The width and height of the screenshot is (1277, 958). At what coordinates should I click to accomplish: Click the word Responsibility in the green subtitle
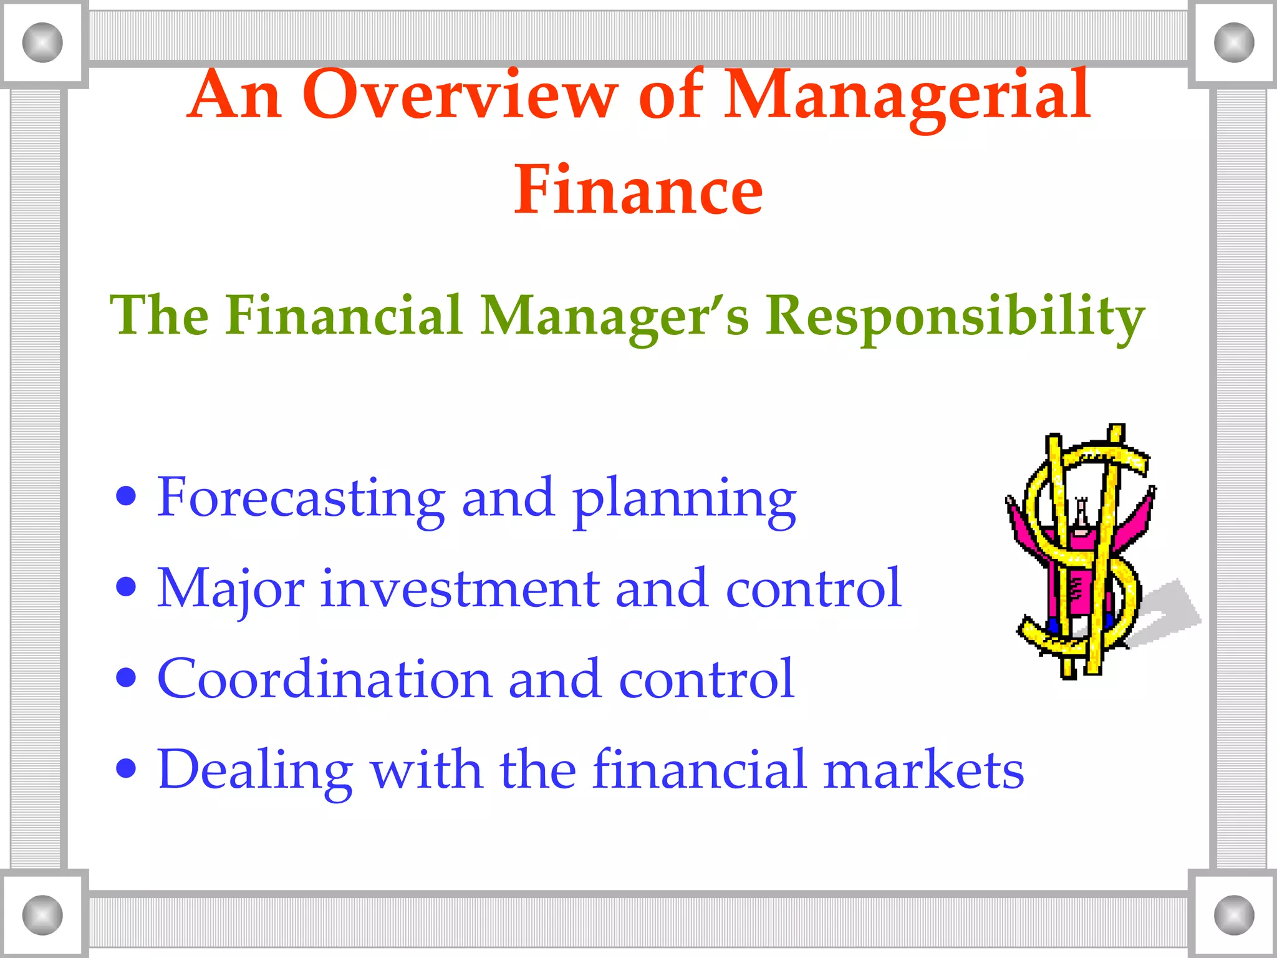(955, 317)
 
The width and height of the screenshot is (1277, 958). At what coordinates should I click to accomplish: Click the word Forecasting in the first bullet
(301, 498)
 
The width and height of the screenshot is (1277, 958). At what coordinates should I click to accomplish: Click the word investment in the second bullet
(460, 589)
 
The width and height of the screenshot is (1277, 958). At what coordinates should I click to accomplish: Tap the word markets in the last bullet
(923, 770)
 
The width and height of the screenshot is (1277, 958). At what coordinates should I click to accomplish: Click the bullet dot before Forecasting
(127, 497)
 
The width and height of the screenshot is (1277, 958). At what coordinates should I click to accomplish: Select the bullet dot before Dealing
(127, 769)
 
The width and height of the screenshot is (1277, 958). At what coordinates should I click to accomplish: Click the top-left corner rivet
(42, 42)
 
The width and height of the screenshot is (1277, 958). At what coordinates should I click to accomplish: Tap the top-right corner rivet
(1234, 42)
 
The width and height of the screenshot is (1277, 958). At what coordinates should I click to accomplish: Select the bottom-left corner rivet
(42, 915)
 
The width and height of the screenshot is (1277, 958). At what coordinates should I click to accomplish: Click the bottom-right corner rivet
(1234, 915)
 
